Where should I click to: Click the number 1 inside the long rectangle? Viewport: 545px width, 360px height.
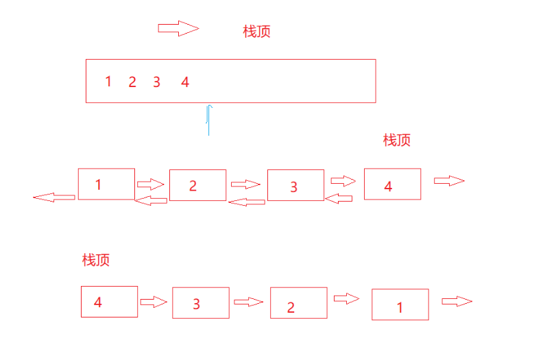(x=108, y=82)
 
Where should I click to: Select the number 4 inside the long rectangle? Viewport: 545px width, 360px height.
(x=185, y=82)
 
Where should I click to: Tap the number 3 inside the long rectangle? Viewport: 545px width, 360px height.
(x=156, y=82)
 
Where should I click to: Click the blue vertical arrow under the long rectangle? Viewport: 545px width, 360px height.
(x=209, y=120)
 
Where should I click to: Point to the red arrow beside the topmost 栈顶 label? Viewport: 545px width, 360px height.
(x=178, y=28)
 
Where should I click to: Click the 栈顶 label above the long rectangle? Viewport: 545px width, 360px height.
(x=256, y=32)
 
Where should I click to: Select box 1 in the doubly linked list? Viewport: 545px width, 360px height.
(x=106, y=184)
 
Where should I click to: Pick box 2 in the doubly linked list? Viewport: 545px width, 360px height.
(x=197, y=185)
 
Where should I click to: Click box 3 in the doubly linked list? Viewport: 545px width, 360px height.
(x=295, y=186)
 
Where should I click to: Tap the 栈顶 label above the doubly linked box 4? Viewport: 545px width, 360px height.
(x=397, y=140)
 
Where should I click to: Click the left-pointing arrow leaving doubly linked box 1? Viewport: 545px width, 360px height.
(x=54, y=197)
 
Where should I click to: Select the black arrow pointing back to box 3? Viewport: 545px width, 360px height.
(x=338, y=199)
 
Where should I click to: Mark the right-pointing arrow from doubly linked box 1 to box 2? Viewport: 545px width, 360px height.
(x=151, y=184)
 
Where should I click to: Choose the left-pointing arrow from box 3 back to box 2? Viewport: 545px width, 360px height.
(x=246, y=202)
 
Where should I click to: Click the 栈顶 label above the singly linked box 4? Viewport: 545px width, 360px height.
(x=96, y=260)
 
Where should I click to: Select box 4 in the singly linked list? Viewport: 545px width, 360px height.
(x=109, y=302)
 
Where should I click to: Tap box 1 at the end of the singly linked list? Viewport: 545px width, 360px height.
(x=400, y=304)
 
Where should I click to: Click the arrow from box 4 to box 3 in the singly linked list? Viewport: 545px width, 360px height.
(x=154, y=302)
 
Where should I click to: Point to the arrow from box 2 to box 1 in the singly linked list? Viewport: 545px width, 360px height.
(x=347, y=298)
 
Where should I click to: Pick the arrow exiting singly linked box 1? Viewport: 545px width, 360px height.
(x=457, y=301)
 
